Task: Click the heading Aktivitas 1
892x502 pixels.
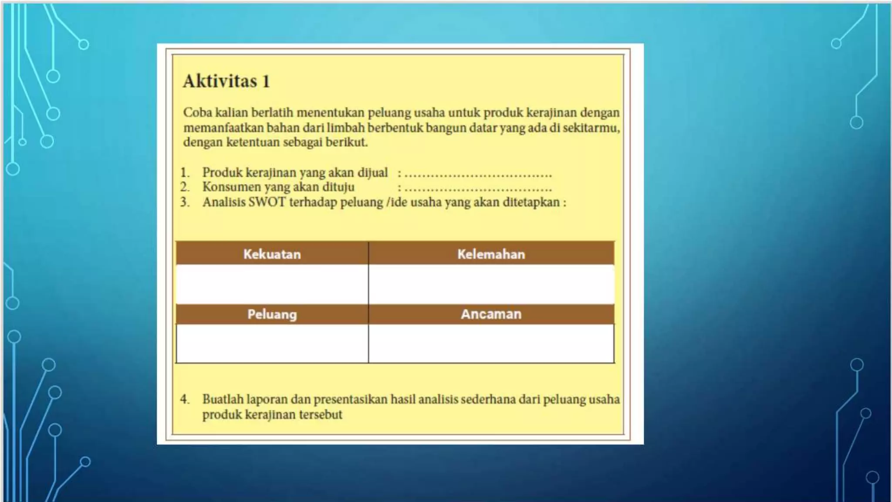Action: click(x=226, y=81)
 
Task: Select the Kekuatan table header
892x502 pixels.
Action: click(x=272, y=254)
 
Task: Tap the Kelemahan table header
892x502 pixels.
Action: click(x=491, y=254)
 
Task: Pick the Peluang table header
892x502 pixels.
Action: click(x=272, y=314)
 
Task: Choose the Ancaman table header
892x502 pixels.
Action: click(x=491, y=314)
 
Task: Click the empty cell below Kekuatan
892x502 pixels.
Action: click(x=272, y=284)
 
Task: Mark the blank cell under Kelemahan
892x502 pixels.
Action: click(x=491, y=284)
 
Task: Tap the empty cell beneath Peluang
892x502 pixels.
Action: click(x=272, y=343)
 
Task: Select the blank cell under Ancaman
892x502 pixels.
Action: click(x=491, y=343)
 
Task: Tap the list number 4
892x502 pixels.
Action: click(x=185, y=399)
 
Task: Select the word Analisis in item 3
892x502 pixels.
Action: click(x=224, y=202)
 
